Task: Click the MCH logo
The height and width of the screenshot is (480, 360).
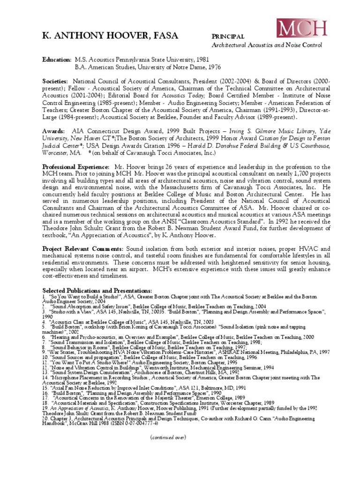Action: pyautogui.click(x=301, y=29)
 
